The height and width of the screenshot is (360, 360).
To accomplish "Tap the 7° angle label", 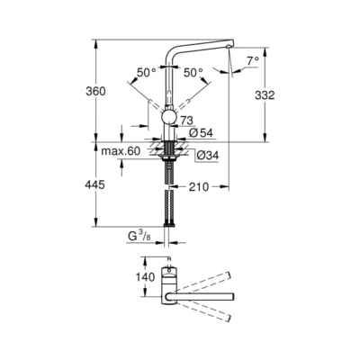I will [253, 61].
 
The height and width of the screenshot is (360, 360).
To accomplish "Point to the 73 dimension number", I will [187, 119].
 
